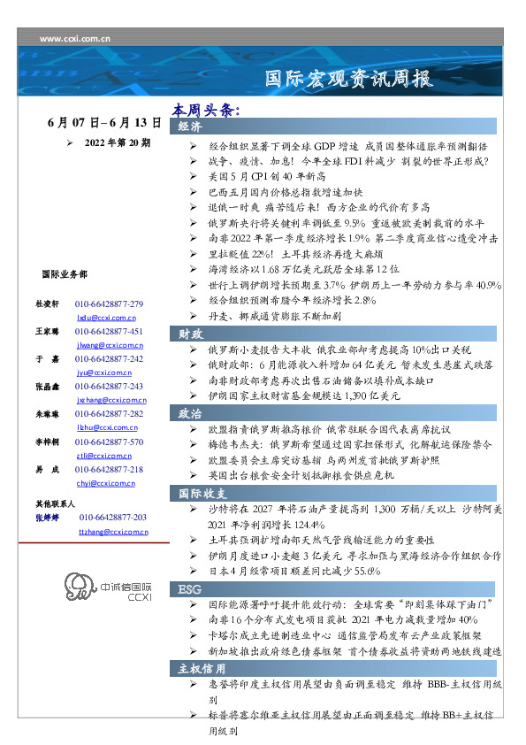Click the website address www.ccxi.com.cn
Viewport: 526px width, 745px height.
click(75, 39)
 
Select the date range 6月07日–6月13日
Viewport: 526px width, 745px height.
click(103, 123)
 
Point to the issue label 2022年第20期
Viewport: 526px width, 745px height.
click(117, 142)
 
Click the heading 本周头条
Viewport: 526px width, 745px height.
click(206, 111)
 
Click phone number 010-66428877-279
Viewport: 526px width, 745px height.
click(115, 303)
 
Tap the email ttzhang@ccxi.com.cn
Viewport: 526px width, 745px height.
click(113, 532)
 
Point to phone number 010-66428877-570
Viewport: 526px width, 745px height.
click(115, 442)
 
